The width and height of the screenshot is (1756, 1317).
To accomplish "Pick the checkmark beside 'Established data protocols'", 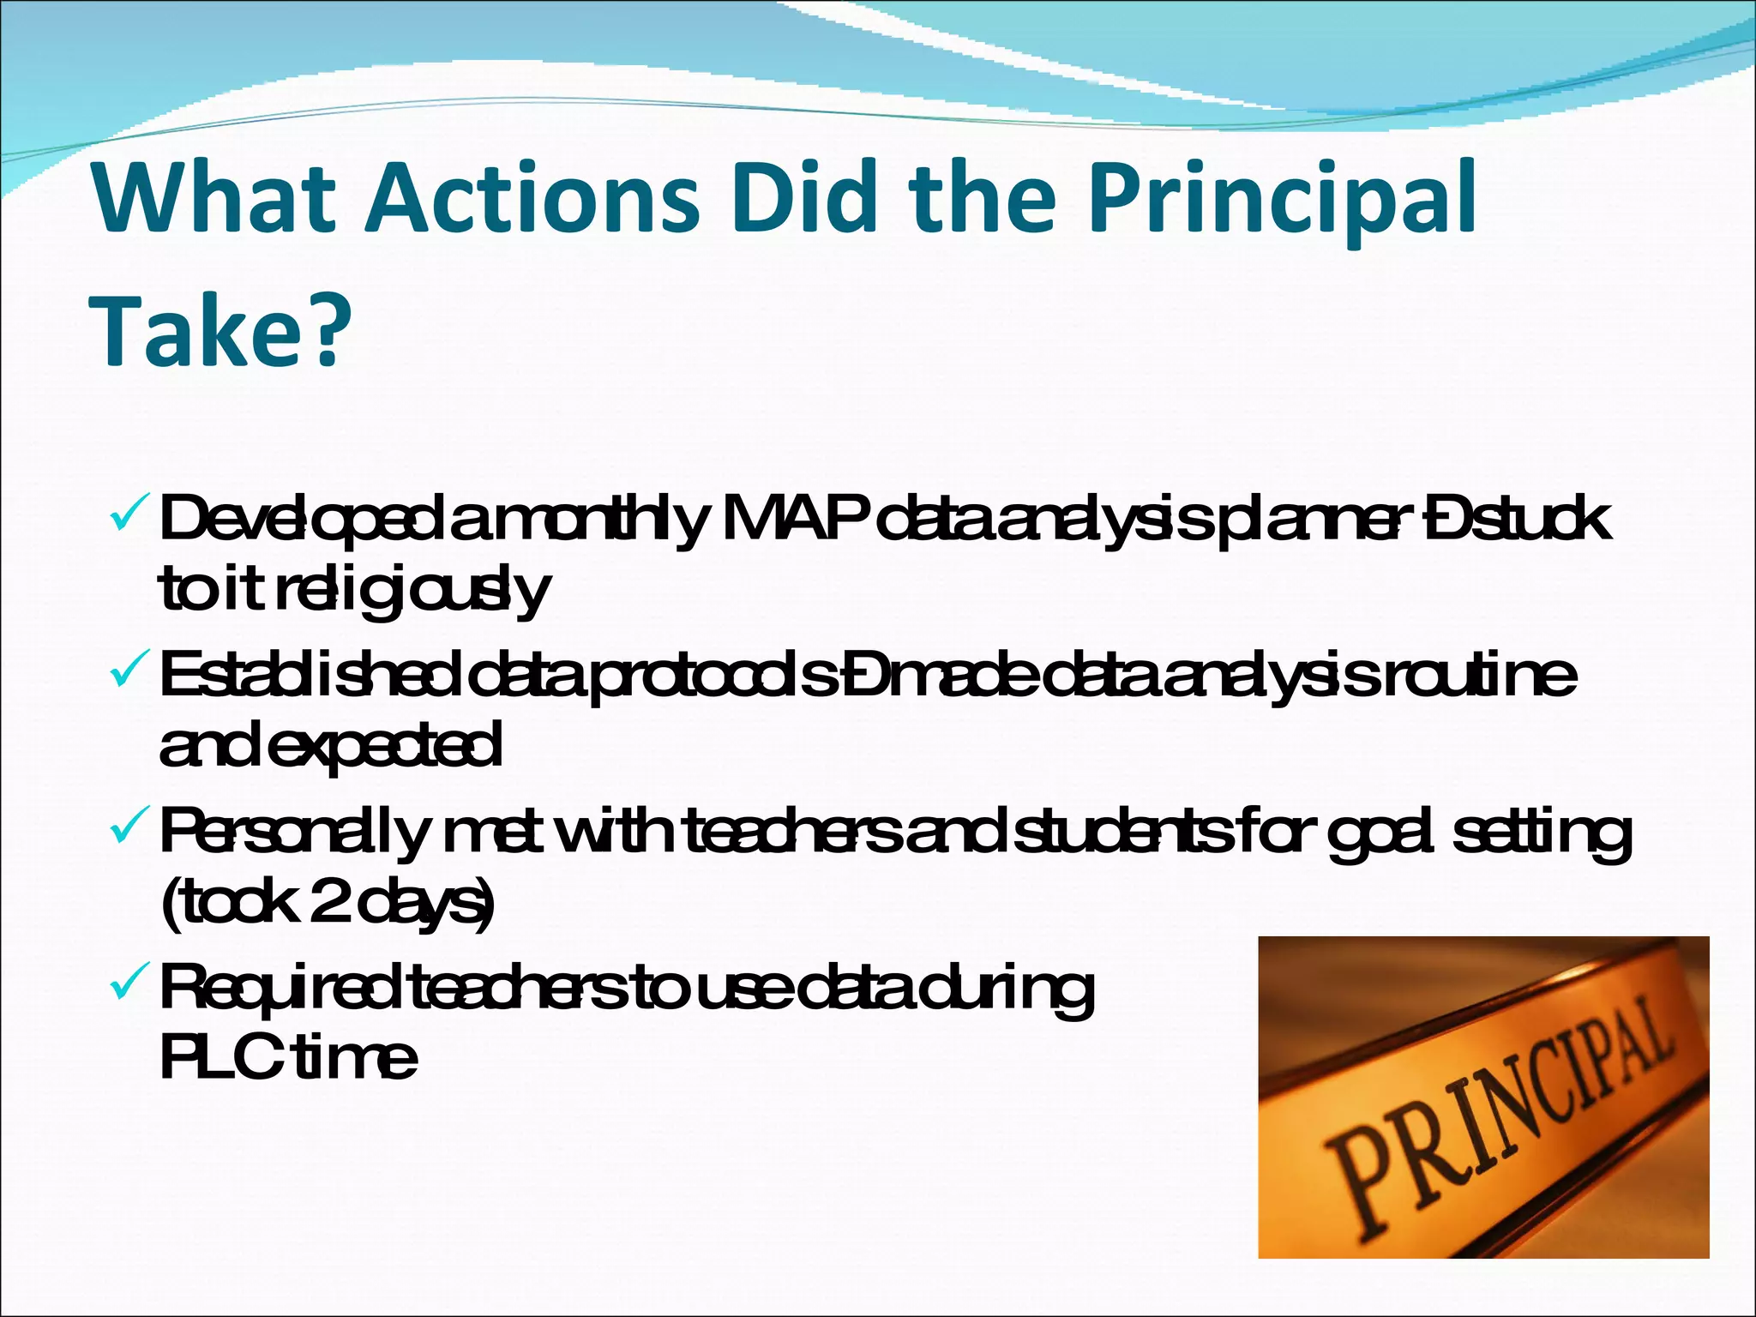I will (x=130, y=673).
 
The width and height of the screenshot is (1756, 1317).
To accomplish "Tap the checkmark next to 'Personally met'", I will (x=130, y=829).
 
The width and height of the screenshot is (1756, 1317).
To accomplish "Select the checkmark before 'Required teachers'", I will (x=130, y=986).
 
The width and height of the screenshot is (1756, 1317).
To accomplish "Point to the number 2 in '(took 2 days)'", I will (x=327, y=902).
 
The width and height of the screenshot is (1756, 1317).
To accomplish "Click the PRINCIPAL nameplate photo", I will (x=1483, y=1097).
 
